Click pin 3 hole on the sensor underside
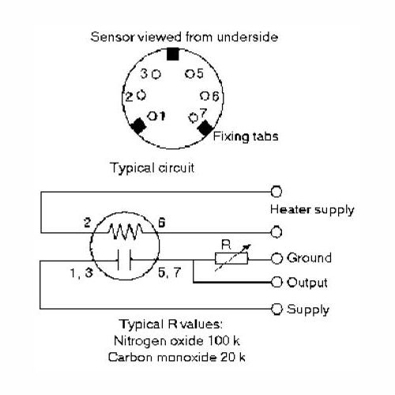coord(156,74)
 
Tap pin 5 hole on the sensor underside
coord(190,73)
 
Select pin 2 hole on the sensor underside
coord(141,95)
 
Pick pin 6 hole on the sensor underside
coord(205,96)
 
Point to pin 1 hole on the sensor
coord(152,115)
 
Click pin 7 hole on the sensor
coord(194,118)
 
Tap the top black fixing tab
coord(173,54)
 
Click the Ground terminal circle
coord(276,258)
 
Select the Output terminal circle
coord(276,282)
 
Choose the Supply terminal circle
coord(276,309)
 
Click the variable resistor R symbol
coord(231,258)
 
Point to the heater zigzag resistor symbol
coord(126,231)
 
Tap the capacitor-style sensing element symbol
coord(124,260)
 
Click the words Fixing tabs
coord(246,137)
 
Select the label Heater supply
coord(312,210)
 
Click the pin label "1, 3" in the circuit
coord(81,273)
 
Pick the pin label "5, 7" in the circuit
coord(170,273)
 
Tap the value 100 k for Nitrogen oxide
coord(224,340)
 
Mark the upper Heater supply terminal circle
coord(276,191)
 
